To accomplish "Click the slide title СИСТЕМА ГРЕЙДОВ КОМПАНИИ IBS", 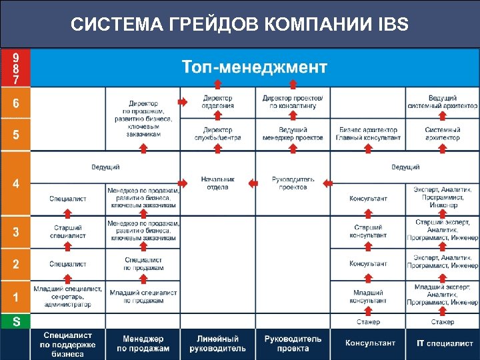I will [x=239, y=25].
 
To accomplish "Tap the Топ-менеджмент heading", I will [x=255, y=67].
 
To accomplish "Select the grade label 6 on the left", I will [x=16, y=103].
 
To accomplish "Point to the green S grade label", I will [x=16, y=321].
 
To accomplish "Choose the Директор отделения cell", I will [x=218, y=102].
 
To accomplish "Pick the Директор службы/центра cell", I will [x=218, y=134].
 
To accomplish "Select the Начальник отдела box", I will [x=217, y=183].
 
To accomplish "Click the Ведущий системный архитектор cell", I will [x=443, y=102].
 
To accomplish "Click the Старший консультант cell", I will [x=368, y=231].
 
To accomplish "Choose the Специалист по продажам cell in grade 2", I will [x=143, y=264].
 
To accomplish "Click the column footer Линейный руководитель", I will [x=217, y=344].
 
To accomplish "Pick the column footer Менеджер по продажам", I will [x=143, y=344].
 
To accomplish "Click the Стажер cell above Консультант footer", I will [x=368, y=322].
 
